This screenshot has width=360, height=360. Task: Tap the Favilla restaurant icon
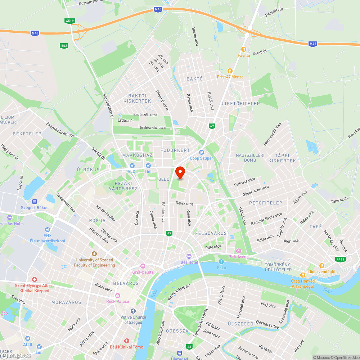244,49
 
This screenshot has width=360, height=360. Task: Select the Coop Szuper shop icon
202,152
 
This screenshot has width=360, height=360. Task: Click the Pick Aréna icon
238,251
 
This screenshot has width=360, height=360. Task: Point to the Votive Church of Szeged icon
133,311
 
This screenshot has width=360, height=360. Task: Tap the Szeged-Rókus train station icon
35,202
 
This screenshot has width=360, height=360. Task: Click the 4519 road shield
70,21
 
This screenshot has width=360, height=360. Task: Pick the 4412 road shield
340,259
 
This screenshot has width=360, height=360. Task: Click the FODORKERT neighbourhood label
175,150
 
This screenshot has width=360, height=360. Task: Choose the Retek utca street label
184,203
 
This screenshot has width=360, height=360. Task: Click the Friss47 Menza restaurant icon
230,71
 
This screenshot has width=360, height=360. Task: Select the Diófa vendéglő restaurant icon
322,266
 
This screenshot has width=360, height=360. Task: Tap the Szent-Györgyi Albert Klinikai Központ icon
35,279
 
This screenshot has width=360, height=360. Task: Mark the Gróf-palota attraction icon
143,266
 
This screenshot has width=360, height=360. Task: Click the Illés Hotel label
189,262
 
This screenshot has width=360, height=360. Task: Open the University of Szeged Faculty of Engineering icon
94,254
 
